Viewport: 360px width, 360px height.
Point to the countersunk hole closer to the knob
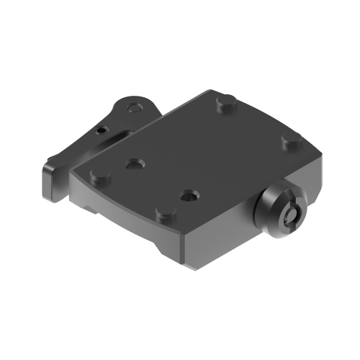tap(188, 194)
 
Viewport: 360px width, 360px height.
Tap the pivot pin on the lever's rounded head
tap(132, 109)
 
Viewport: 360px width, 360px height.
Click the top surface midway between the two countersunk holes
tap(160, 180)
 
